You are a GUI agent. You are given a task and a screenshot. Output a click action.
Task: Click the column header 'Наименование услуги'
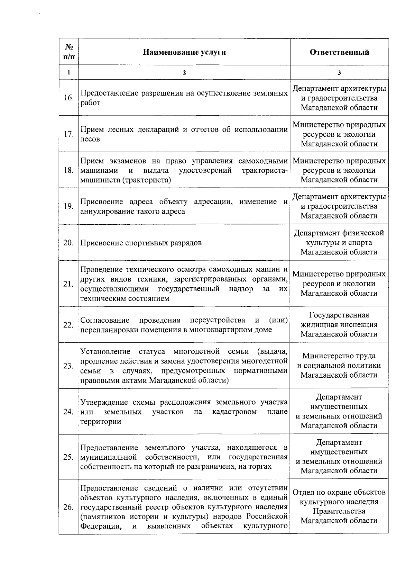click(184, 52)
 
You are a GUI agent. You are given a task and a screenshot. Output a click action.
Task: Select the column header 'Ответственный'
click(339, 52)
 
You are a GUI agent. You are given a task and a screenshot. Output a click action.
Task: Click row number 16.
click(68, 98)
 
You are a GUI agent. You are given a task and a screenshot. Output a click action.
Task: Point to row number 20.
click(68, 243)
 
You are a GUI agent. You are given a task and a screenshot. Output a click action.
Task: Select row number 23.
click(68, 366)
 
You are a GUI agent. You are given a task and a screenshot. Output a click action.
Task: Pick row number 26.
click(68, 507)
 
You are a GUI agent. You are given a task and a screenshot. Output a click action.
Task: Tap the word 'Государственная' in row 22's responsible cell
click(339, 315)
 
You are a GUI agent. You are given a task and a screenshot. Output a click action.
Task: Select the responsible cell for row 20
click(339, 242)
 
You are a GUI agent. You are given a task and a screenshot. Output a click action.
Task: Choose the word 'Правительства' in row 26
click(339, 511)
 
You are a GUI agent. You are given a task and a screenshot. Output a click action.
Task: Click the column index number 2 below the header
click(184, 73)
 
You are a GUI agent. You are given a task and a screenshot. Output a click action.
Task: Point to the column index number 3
click(339, 73)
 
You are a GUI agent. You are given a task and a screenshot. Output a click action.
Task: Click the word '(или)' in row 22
click(278, 320)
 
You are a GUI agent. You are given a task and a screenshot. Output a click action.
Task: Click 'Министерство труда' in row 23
click(339, 356)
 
